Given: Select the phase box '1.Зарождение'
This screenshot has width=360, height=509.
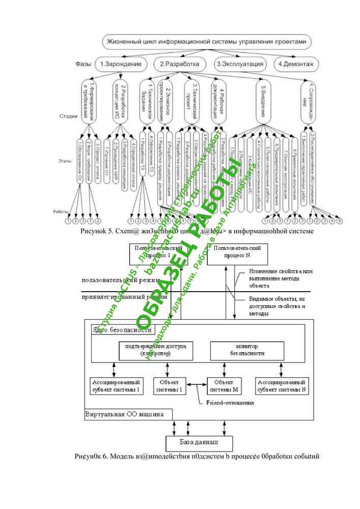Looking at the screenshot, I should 120,64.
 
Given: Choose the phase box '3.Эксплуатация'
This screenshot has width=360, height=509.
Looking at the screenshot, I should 240,64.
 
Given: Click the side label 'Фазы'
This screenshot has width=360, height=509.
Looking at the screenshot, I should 84,64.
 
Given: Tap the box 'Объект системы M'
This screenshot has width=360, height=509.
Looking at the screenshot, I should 224,386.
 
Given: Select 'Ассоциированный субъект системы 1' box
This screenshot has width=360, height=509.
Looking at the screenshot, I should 117,386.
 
